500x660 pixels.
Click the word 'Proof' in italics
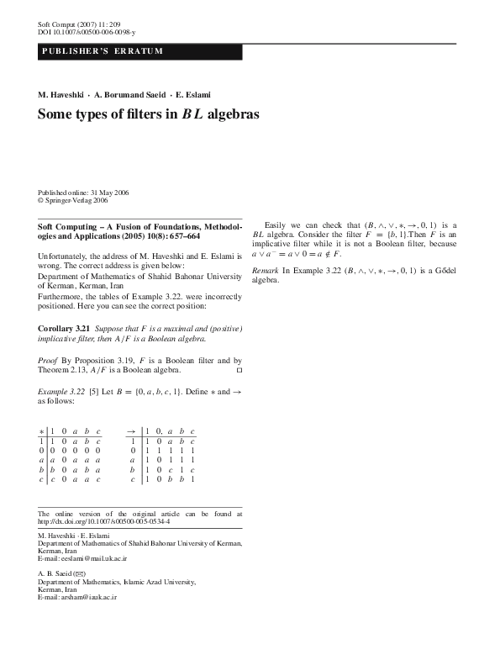coord(49,359)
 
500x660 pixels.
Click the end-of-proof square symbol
coord(239,369)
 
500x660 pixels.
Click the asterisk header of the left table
coord(42,430)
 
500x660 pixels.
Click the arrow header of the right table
coord(131,430)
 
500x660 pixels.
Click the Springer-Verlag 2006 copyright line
coord(73,201)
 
